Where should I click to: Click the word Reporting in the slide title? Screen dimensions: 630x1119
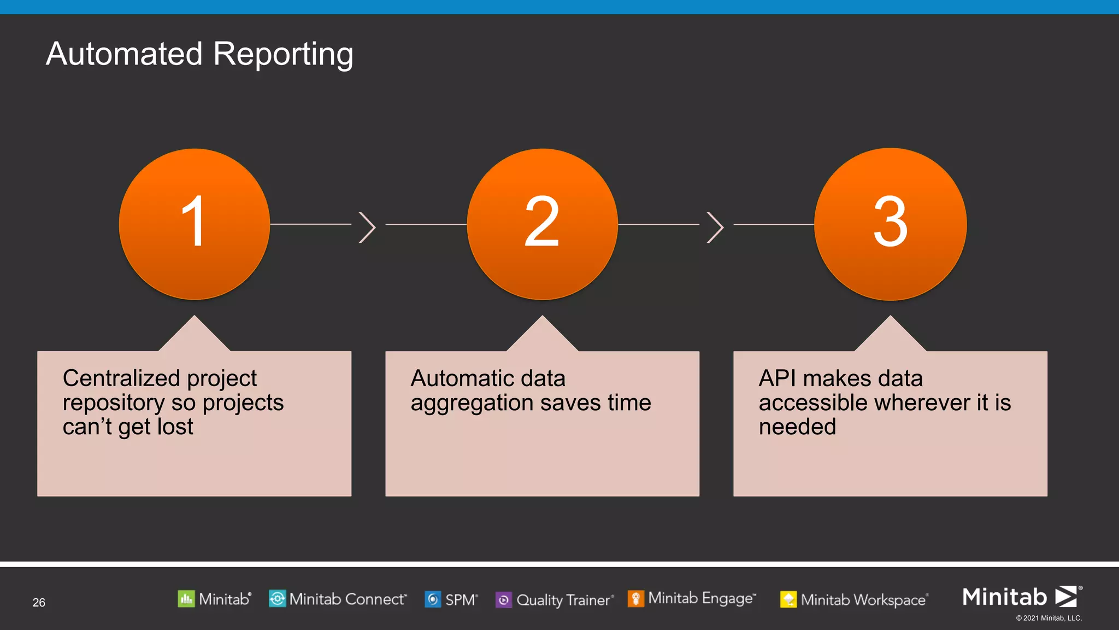[283, 55]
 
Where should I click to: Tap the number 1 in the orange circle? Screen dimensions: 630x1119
[193, 221]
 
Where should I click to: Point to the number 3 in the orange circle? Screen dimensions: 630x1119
[890, 221]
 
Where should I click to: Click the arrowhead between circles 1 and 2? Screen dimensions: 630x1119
[368, 227]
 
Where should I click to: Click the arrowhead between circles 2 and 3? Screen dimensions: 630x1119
[716, 227]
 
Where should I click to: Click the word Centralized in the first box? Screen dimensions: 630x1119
[120, 378]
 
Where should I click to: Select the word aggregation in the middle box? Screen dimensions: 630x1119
[472, 404]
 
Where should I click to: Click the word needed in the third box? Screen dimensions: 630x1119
[797, 427]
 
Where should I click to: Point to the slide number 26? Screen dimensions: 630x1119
[39, 603]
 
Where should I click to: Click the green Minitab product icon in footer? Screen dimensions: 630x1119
[186, 599]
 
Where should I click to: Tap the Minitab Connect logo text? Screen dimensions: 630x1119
[348, 599]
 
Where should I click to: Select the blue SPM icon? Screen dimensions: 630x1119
[433, 599]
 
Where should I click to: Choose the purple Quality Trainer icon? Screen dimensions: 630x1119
[503, 600]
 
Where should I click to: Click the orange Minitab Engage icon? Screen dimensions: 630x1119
[635, 598]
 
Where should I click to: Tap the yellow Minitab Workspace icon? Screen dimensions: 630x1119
[788, 600]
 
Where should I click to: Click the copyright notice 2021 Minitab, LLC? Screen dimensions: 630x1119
[1049, 618]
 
